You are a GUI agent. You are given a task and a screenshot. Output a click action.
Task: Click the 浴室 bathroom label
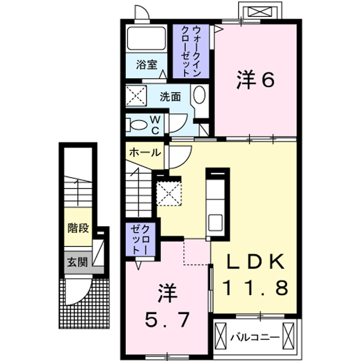click(x=147, y=65)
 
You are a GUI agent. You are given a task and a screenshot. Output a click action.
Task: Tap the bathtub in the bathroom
click(x=147, y=38)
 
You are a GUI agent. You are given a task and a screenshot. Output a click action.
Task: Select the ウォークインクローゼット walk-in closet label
click(x=191, y=51)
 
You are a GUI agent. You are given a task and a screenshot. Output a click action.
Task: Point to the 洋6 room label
click(x=256, y=80)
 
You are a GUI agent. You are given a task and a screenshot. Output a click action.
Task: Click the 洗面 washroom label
click(x=170, y=96)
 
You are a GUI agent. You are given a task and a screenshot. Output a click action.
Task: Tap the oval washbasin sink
click(x=199, y=94)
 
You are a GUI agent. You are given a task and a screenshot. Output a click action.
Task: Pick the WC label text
click(x=155, y=125)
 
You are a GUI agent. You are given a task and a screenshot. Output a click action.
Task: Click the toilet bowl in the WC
click(x=138, y=125)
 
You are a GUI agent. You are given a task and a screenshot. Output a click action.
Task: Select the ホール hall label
click(x=144, y=152)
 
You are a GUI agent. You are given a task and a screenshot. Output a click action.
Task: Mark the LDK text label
click(x=256, y=262)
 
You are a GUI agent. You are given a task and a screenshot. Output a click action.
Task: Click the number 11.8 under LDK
click(x=256, y=288)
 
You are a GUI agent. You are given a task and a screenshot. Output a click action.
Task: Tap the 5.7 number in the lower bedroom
click(x=167, y=319)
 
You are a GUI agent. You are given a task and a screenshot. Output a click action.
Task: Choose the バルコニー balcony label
click(x=255, y=337)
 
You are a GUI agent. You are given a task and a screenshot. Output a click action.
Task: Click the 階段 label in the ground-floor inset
click(x=78, y=228)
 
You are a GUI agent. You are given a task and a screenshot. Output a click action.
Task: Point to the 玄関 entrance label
click(x=78, y=262)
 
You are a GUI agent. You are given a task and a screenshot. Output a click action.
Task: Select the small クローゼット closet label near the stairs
click(x=140, y=240)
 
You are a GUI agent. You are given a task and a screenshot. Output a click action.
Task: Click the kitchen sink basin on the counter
click(x=215, y=222)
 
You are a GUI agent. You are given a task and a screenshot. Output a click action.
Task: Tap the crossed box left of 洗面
click(x=136, y=96)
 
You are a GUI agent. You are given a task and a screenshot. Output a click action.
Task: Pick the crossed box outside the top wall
click(x=260, y=11)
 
